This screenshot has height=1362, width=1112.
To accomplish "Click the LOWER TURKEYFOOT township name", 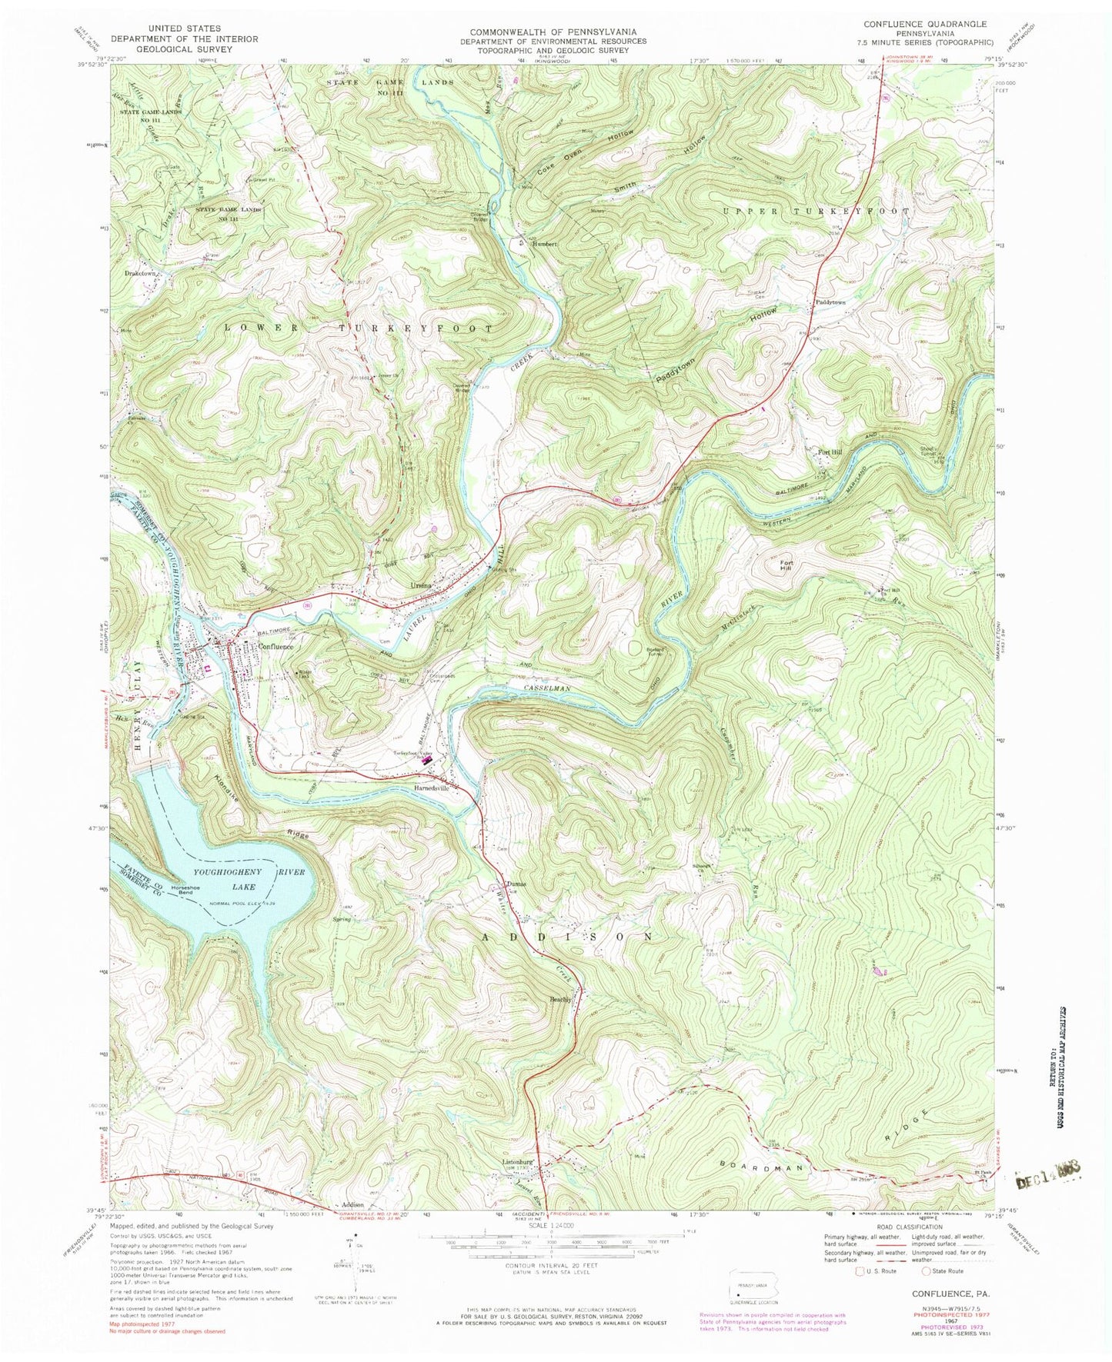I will (358, 328).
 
